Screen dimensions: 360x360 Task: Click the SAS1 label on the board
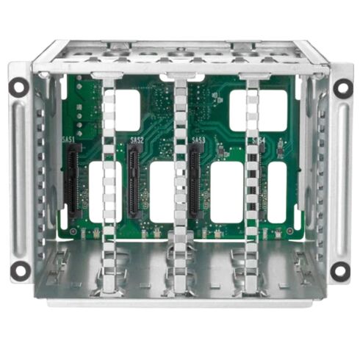pos(75,137)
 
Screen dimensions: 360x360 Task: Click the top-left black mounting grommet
pos(18,87)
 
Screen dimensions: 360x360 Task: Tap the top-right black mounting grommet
pos(342,87)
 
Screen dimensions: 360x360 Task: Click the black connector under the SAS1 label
pos(73,181)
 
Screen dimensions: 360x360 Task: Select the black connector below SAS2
pos(134,181)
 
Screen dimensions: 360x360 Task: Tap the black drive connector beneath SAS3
pos(195,181)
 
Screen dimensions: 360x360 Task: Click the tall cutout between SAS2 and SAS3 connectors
pos(162,192)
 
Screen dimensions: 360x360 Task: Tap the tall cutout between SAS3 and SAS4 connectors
pos(226,192)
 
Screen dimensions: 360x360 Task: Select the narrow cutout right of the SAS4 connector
pos(278,192)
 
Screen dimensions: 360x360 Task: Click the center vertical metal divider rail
pos(181,176)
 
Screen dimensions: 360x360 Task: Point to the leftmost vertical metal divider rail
pos(109,176)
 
